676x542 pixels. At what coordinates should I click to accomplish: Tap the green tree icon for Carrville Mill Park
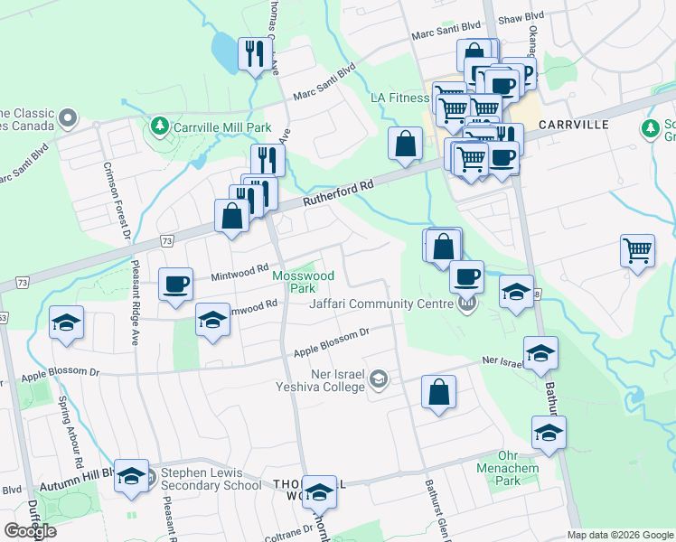click(x=160, y=124)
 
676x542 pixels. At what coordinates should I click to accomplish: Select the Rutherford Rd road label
click(x=339, y=192)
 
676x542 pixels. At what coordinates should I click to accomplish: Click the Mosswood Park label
click(x=304, y=281)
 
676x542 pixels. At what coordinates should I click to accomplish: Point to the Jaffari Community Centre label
click(x=380, y=304)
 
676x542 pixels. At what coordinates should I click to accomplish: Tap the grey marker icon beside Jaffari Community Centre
click(x=466, y=304)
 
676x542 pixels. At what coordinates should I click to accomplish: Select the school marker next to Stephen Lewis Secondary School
click(x=132, y=476)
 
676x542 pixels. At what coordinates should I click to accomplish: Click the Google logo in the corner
click(x=31, y=531)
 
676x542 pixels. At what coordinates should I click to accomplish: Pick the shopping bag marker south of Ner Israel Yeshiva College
click(x=438, y=392)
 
